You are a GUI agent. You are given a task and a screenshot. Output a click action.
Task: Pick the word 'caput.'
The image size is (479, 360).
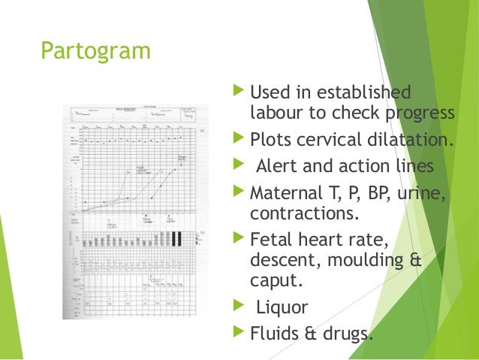point(273,281)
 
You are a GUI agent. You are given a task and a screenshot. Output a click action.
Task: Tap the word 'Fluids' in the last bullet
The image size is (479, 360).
point(275,333)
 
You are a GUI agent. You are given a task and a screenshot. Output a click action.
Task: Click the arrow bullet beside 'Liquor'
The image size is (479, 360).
point(239,307)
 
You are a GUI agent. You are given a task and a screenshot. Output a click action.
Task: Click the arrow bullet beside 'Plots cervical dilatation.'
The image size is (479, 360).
point(239,140)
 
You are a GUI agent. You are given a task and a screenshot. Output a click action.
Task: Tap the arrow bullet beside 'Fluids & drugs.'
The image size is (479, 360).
point(239,332)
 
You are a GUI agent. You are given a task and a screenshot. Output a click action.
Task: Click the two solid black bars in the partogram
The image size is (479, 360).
point(176,238)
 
